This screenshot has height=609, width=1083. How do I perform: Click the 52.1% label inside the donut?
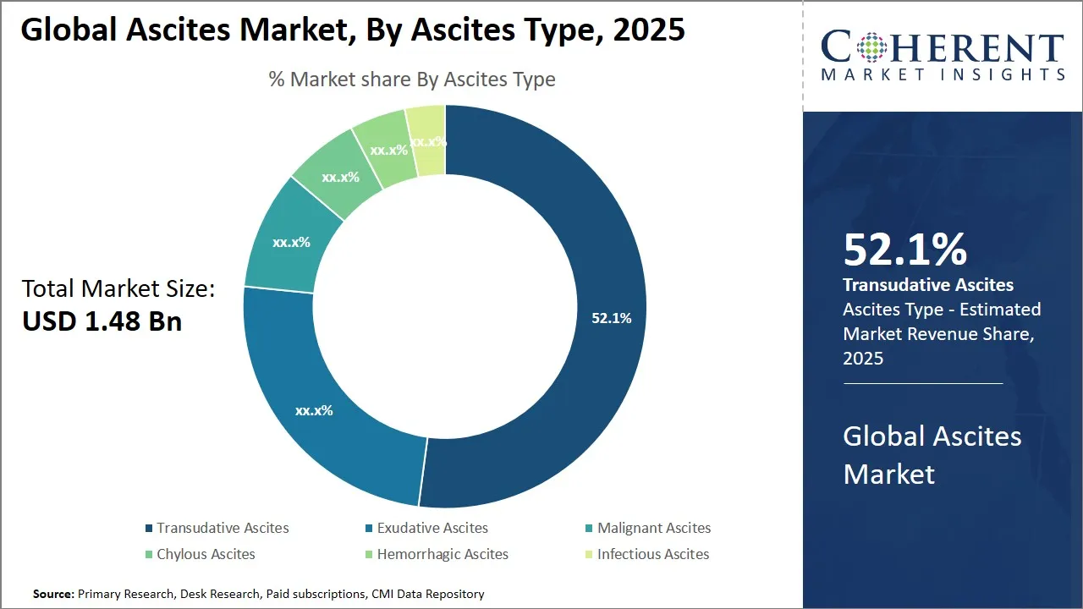click(611, 318)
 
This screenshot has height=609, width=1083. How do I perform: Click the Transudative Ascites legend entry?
click(222, 528)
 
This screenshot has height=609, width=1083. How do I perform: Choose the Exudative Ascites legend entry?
click(432, 528)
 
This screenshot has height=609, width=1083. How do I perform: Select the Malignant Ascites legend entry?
click(653, 528)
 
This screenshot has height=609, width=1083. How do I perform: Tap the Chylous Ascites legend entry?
click(205, 555)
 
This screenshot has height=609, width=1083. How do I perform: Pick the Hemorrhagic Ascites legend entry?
click(442, 555)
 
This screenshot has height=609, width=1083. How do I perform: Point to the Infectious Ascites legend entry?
click(652, 555)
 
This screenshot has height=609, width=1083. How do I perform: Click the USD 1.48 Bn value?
click(102, 321)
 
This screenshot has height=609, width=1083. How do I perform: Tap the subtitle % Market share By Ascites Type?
click(412, 80)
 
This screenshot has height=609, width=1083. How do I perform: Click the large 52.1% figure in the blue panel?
click(904, 250)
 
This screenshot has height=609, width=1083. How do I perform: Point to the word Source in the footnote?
click(53, 594)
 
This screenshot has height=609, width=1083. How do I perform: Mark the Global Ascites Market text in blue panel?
click(932, 455)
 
